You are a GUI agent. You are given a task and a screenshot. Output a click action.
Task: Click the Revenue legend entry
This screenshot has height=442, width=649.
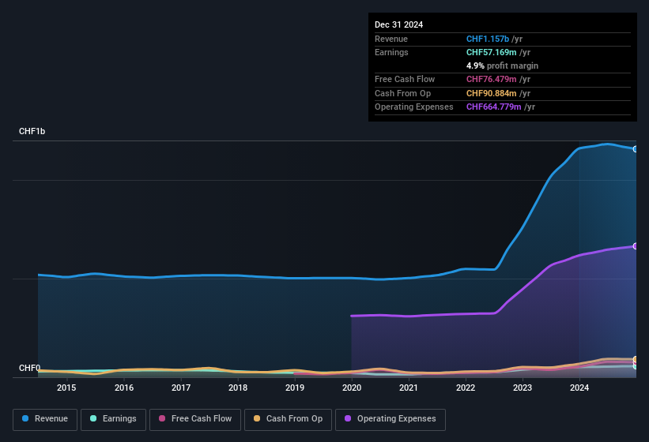click(x=46, y=419)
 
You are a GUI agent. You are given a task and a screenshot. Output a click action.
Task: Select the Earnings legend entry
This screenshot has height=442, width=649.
click(x=112, y=419)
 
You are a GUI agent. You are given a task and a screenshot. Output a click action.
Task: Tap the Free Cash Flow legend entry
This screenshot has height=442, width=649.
click(x=195, y=419)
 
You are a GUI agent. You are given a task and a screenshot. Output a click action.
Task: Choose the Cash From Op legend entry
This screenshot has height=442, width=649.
click(x=288, y=419)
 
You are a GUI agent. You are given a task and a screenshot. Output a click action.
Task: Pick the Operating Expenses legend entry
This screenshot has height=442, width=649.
click(x=391, y=419)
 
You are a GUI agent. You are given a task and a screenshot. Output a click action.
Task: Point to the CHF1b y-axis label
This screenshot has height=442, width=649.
click(x=32, y=131)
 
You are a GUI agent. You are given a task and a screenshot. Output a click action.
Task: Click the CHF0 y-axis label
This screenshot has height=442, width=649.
click(x=29, y=368)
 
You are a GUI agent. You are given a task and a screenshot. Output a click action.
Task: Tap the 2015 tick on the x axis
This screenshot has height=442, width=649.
click(x=66, y=388)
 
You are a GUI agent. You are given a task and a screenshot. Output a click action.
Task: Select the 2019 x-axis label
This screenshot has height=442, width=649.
click(x=294, y=388)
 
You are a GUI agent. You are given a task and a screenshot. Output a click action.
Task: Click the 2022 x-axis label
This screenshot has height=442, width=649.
click(x=466, y=388)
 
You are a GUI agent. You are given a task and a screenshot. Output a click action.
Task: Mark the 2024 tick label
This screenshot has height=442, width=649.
click(x=579, y=388)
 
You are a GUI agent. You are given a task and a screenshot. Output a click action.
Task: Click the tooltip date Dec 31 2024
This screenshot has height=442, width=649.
click(x=398, y=24)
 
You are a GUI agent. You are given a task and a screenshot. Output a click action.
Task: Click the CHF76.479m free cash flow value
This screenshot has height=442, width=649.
click(x=492, y=79)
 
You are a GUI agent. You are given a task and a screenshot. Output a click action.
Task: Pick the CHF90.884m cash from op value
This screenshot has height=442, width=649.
click(x=492, y=93)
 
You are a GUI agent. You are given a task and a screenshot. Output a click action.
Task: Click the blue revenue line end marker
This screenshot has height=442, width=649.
click(x=635, y=149)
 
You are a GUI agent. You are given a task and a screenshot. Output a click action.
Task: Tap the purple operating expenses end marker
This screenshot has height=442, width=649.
click(x=635, y=246)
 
